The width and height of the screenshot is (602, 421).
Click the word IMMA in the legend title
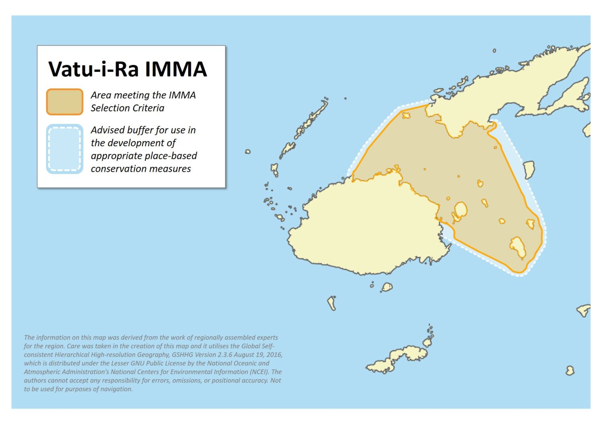[x=176, y=69]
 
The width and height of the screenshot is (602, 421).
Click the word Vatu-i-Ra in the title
[x=94, y=69]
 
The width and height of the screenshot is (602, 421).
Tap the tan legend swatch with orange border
[x=65, y=102]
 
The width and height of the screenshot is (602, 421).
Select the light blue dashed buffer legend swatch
[x=65, y=149]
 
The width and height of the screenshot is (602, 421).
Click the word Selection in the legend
[x=110, y=108]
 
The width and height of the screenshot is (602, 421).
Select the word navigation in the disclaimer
[x=116, y=389]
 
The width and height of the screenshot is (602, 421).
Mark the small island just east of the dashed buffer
[x=529, y=169]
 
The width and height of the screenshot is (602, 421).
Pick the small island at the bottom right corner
[x=570, y=370]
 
